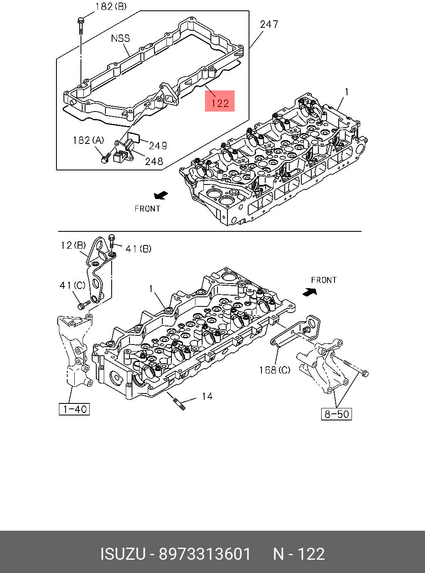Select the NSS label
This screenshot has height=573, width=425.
click(120, 38)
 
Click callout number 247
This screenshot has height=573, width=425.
click(269, 24)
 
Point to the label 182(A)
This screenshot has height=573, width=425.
click(88, 141)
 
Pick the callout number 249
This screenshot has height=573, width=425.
click(158, 146)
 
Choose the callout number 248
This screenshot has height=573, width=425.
click(154, 161)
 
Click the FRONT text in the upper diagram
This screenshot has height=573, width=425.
click(147, 209)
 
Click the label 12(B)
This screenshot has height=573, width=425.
click(73, 245)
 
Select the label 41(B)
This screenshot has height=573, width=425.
click(138, 249)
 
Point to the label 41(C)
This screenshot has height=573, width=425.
click(72, 285)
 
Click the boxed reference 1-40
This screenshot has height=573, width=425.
click(74, 409)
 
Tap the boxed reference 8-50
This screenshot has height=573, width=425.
click(337, 414)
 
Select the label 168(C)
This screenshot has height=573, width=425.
click(275, 370)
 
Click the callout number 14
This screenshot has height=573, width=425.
click(207, 396)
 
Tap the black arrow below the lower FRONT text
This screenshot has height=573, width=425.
click(310, 292)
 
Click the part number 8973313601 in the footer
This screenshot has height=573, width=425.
click(205, 554)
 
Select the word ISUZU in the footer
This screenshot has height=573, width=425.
click(123, 554)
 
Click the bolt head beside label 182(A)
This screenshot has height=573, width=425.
click(104, 158)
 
